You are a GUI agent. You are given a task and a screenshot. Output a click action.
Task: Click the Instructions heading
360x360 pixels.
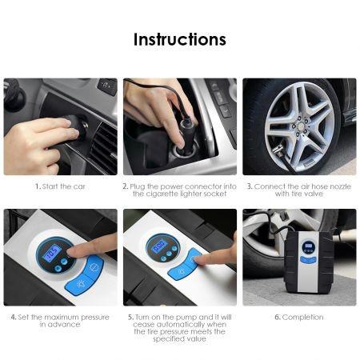pyautogui.click(x=180, y=39)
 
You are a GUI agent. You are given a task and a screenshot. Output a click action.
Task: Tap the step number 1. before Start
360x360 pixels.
pyautogui.click(x=38, y=186)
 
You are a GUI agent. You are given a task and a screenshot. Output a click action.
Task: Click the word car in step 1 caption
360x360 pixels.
pyautogui.click(x=79, y=186)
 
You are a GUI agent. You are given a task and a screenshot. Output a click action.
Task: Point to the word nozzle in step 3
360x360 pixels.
pyautogui.click(x=341, y=186)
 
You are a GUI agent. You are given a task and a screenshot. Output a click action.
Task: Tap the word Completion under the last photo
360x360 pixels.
pyautogui.click(x=302, y=318)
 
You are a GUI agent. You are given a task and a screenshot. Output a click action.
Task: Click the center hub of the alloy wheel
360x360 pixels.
pyautogui.click(x=300, y=124)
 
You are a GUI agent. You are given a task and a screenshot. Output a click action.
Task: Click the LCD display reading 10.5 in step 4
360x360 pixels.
pyautogui.click(x=52, y=252)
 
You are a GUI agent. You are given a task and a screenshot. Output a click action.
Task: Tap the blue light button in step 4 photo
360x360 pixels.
pyautogui.click(x=79, y=283)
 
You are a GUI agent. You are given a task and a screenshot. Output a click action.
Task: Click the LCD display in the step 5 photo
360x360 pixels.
pyautogui.click(x=158, y=246)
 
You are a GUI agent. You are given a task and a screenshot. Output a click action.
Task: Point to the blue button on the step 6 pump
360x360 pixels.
pyautogui.click(x=308, y=259)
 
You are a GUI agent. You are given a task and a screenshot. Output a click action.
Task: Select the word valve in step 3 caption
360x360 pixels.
pyautogui.click(x=315, y=194)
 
